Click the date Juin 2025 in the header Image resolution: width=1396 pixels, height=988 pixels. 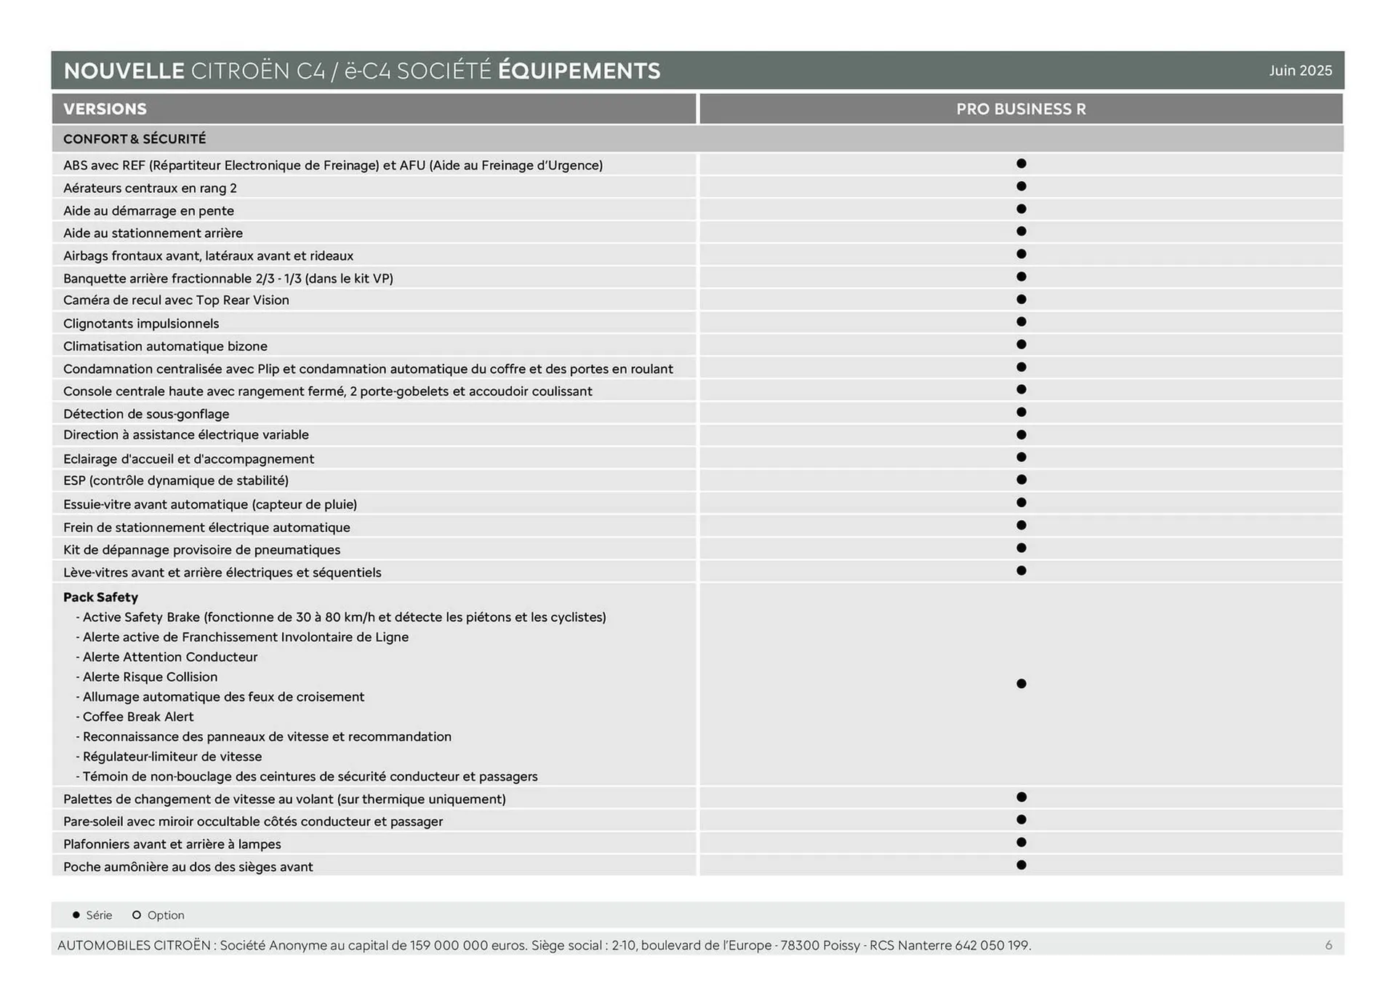pyautogui.click(x=1300, y=71)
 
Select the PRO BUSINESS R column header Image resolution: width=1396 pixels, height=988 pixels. pyautogui.click(x=1020, y=109)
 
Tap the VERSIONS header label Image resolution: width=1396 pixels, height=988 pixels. pyautogui.click(x=105, y=109)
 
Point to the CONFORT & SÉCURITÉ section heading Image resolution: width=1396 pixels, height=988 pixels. pyautogui.click(x=135, y=139)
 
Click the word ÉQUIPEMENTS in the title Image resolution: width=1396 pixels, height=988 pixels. pyautogui.click(x=579, y=71)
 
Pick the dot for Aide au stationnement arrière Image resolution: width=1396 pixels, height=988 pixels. pyautogui.click(x=1021, y=231)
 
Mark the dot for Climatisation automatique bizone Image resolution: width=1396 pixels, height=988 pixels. pyautogui.click(x=1021, y=344)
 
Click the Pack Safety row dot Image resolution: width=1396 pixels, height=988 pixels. pyautogui.click(x=1021, y=683)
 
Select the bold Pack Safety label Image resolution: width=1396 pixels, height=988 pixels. pyautogui.click(x=100, y=597)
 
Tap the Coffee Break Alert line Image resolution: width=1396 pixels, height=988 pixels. pyautogui.click(x=138, y=717)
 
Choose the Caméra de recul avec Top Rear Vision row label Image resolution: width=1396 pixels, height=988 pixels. pyautogui.click(x=176, y=300)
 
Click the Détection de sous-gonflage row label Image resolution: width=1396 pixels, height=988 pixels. pyautogui.click(x=146, y=414)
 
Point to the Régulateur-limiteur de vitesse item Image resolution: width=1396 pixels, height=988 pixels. pyautogui.click(x=172, y=757)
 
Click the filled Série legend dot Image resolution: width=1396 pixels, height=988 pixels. pyautogui.click(x=76, y=915)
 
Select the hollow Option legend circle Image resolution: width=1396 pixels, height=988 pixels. pyautogui.click(x=136, y=915)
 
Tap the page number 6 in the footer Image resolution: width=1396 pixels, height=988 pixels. pyautogui.click(x=1328, y=945)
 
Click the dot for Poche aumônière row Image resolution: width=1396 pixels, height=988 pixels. pyautogui.click(x=1021, y=865)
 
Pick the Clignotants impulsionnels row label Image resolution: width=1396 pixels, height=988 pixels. pyautogui.click(x=141, y=323)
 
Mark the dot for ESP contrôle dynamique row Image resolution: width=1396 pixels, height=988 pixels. pyautogui.click(x=1021, y=479)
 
